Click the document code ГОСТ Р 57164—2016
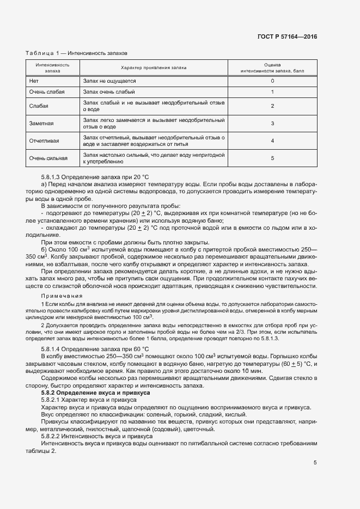[287, 37]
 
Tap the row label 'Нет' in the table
[34, 81]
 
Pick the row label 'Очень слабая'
[47, 92]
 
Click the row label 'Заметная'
[41, 123]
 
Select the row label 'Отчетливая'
[44, 140]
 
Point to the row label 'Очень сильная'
[48, 158]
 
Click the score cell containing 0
[272, 81]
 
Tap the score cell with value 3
[272, 123]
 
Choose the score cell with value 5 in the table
[272, 158]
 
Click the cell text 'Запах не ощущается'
[109, 81]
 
